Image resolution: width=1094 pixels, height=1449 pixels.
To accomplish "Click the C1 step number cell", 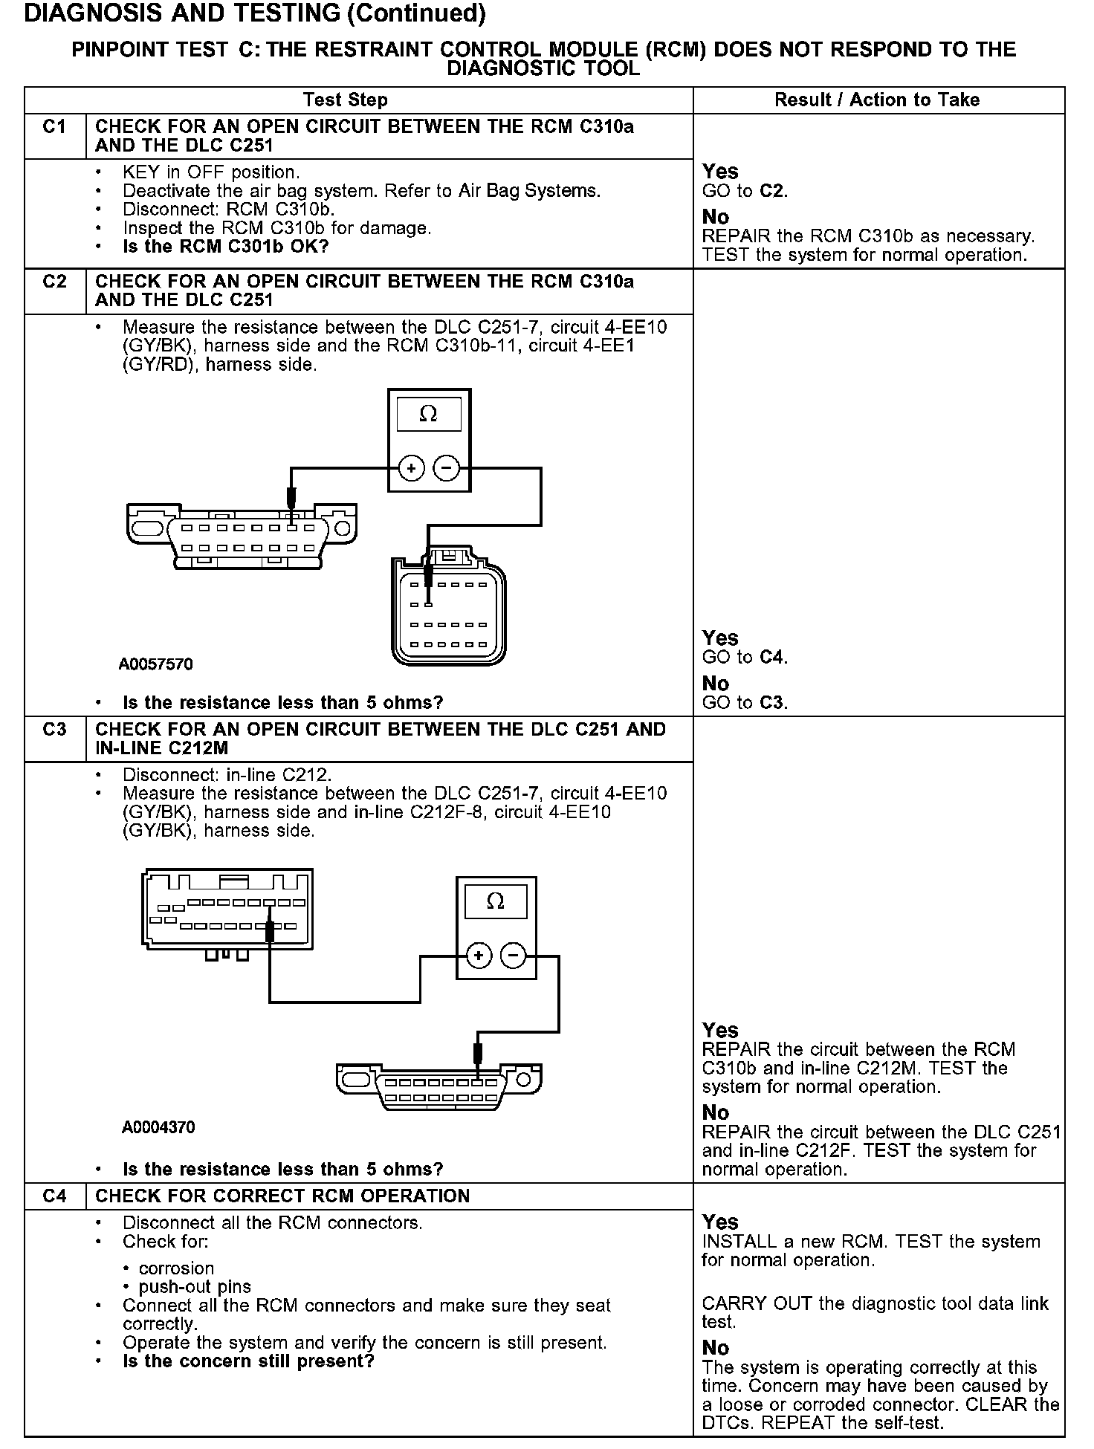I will (x=55, y=127).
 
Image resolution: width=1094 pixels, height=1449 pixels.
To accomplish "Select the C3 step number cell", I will (x=55, y=730).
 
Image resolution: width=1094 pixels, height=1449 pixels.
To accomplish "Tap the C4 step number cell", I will (x=55, y=1196).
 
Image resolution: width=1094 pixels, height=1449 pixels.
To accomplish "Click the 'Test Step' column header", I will (x=345, y=100).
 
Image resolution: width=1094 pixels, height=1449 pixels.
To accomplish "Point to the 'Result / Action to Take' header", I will (x=877, y=100).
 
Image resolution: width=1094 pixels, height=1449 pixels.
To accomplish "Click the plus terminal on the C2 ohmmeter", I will (x=412, y=468).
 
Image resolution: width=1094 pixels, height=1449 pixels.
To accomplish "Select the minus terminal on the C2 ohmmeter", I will (x=446, y=468).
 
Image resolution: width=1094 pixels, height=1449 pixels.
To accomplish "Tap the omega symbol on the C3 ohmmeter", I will (x=495, y=901).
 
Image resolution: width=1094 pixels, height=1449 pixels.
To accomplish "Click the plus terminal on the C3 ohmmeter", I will (x=479, y=956).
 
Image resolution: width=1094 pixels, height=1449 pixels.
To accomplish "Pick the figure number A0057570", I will (x=156, y=664).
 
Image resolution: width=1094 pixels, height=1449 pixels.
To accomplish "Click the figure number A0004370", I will (x=158, y=1127).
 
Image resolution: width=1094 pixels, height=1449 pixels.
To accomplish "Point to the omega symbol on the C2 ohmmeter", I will (x=429, y=414).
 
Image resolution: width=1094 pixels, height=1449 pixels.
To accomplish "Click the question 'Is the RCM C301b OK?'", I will (x=225, y=247).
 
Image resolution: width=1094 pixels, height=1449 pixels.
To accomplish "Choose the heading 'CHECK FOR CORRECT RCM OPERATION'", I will (x=282, y=1196).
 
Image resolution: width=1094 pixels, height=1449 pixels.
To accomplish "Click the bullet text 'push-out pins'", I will (x=195, y=1286).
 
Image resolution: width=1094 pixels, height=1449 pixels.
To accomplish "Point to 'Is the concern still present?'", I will (x=248, y=1361).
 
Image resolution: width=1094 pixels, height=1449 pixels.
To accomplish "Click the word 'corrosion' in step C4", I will (x=176, y=1268).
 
